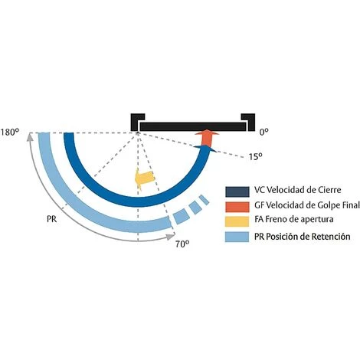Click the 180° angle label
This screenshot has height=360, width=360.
[10, 133]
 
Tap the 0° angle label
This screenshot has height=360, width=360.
[264, 132]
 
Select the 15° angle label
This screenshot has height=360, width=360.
[256, 156]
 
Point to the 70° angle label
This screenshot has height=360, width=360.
[182, 244]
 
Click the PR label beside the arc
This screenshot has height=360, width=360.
[52, 219]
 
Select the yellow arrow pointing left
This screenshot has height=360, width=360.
[145, 178]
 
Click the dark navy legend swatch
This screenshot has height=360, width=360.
[237, 191]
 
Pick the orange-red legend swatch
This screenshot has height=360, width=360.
[237, 207]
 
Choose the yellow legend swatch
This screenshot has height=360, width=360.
[237, 221]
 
